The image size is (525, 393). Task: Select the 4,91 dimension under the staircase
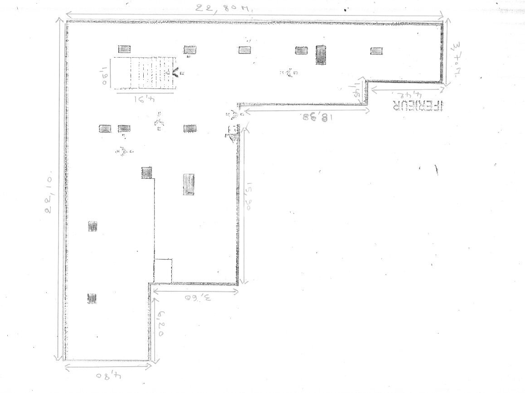[145, 100]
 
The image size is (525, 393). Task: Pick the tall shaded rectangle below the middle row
[189, 184]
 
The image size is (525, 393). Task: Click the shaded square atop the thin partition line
[147, 172]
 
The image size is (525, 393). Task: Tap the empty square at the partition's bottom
[163, 270]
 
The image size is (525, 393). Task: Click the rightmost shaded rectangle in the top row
[376, 51]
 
